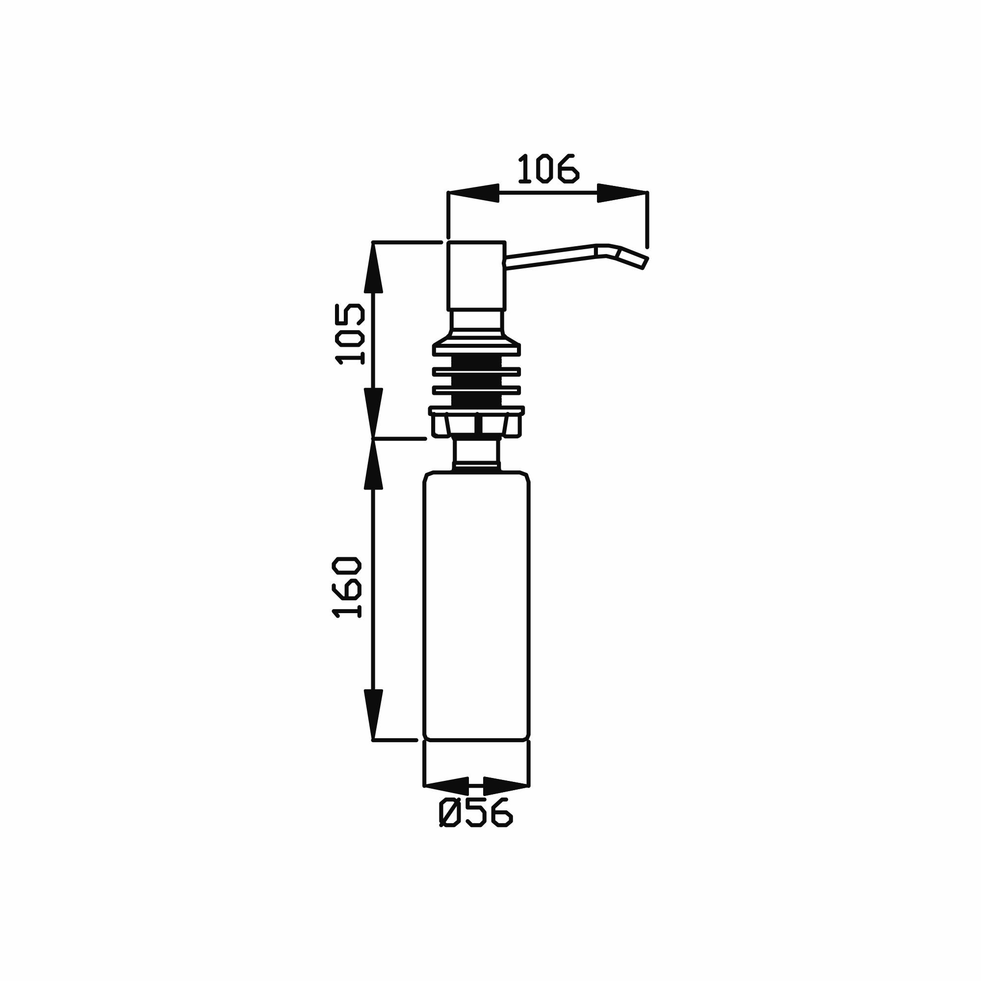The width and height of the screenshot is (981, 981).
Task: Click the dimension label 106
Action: coord(548,169)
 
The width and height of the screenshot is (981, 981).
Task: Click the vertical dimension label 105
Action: coord(350,334)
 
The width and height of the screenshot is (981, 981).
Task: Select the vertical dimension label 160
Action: coord(346,587)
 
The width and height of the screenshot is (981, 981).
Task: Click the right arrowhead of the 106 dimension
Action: coord(622,193)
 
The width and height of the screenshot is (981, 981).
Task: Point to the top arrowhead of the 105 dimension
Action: coord(373,268)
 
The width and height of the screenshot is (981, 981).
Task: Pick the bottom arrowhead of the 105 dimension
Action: coord(373,413)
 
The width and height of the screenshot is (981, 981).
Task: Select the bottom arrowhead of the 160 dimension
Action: coord(373,715)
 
